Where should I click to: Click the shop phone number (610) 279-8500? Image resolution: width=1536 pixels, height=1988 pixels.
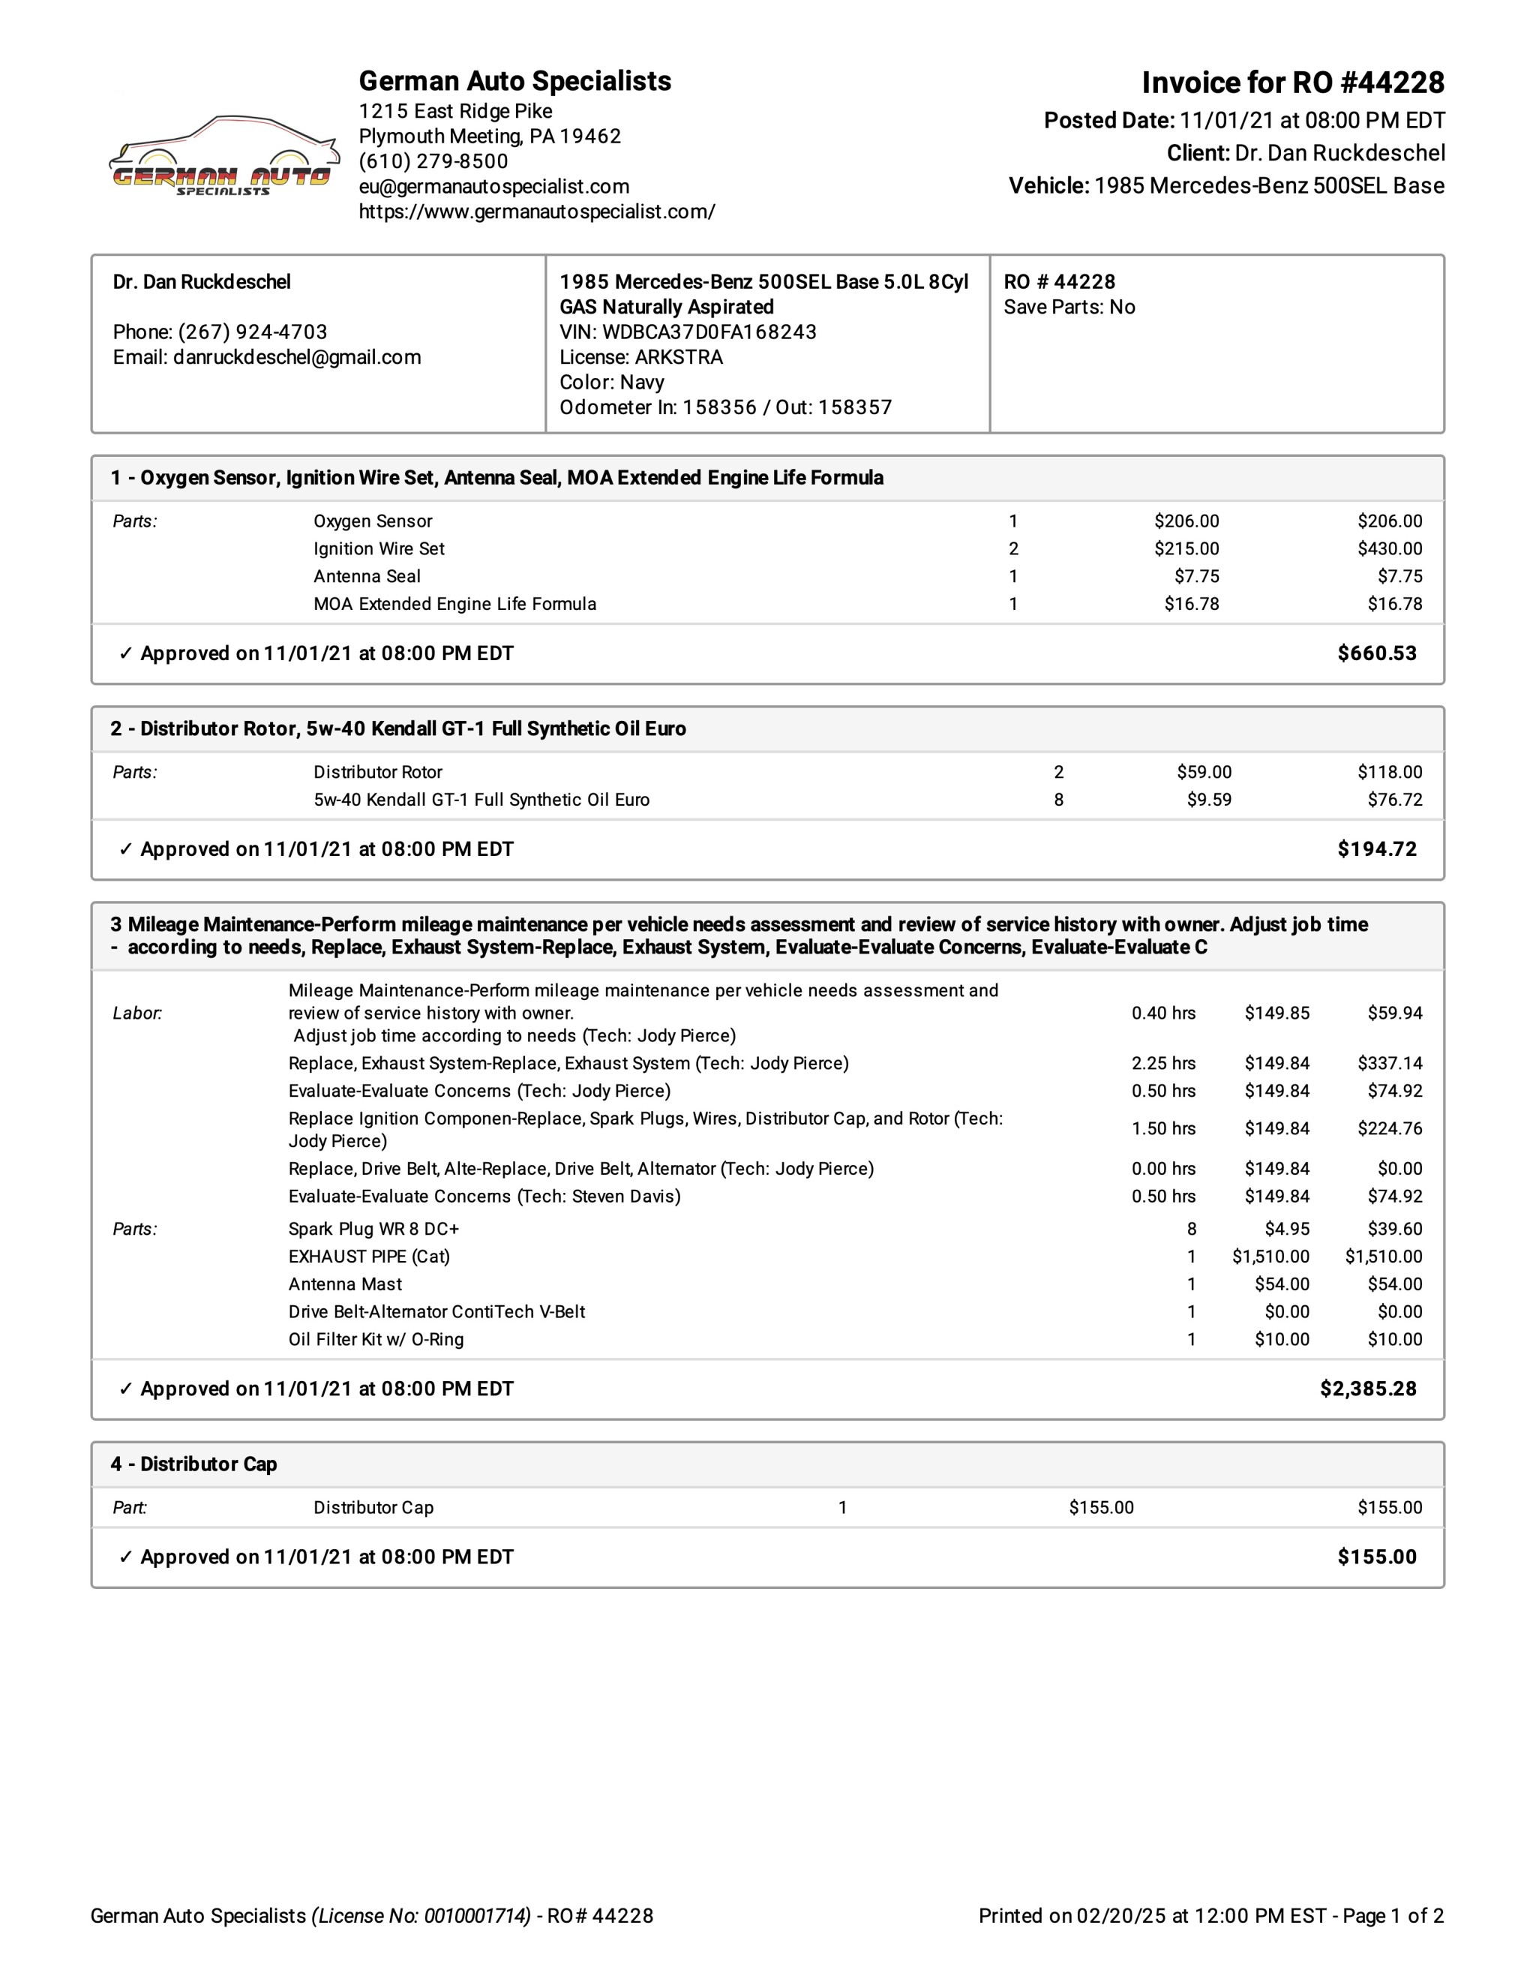(433, 161)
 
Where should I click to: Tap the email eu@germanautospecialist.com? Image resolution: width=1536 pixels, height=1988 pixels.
(493, 187)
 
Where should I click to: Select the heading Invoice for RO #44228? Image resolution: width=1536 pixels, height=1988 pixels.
(1292, 83)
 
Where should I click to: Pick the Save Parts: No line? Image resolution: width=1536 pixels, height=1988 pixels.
(1069, 307)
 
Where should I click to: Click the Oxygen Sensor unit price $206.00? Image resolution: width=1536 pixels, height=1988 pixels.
(1186, 521)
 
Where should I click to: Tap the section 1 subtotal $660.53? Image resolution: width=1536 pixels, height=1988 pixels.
(1375, 653)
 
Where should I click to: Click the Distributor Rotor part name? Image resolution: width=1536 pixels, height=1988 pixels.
(378, 773)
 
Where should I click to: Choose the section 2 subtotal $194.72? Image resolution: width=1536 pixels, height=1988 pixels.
(1375, 849)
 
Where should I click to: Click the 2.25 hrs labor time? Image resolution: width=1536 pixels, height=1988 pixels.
(1163, 1063)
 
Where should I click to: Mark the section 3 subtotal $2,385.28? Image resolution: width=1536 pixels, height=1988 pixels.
(1368, 1389)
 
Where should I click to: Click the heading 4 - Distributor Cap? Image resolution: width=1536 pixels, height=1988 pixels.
(193, 1464)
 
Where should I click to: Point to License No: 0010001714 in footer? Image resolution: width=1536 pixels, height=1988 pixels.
(421, 1916)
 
